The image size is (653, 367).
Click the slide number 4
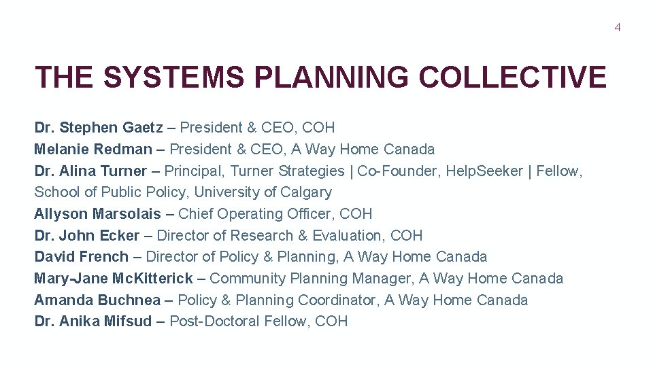coord(618,28)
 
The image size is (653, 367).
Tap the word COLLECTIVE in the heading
coord(512,77)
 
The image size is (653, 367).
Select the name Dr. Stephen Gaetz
coord(99,128)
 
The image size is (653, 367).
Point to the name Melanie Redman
coord(93,150)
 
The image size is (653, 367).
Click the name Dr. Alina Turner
coord(90,171)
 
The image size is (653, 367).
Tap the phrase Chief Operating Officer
coord(255,214)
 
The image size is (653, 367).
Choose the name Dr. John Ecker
coord(87,236)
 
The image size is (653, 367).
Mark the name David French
coord(82,257)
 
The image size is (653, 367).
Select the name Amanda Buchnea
coord(97,300)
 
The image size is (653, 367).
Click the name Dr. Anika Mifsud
coord(93,321)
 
